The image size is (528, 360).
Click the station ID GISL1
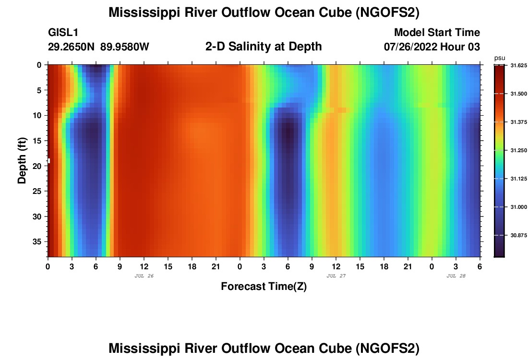click(63, 33)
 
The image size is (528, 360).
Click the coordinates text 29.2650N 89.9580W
click(99, 47)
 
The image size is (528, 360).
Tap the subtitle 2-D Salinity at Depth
click(264, 47)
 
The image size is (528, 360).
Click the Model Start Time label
click(437, 33)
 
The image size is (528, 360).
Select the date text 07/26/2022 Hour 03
click(432, 47)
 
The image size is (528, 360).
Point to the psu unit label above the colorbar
click(500, 58)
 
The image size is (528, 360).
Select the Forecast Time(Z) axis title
click(264, 287)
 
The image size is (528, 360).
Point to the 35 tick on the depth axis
click(39, 241)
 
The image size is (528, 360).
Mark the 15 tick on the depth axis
click(39, 141)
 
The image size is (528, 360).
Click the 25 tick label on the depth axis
click(39, 191)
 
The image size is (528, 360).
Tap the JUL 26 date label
click(144, 276)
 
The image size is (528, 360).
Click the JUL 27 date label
click(336, 276)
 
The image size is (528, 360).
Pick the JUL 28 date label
click(456, 276)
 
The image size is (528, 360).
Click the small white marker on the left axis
click(48, 161)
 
